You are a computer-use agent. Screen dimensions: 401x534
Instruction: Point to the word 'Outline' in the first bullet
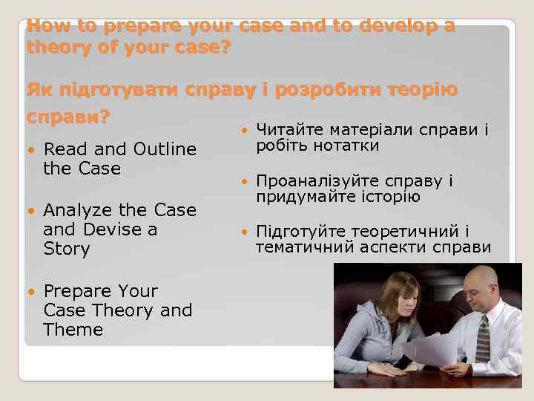pos(165,149)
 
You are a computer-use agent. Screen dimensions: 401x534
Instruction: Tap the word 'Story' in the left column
pos(67,249)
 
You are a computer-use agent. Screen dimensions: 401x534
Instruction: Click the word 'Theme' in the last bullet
pos(73,329)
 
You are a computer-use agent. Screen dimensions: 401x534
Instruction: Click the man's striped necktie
pos(484,339)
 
